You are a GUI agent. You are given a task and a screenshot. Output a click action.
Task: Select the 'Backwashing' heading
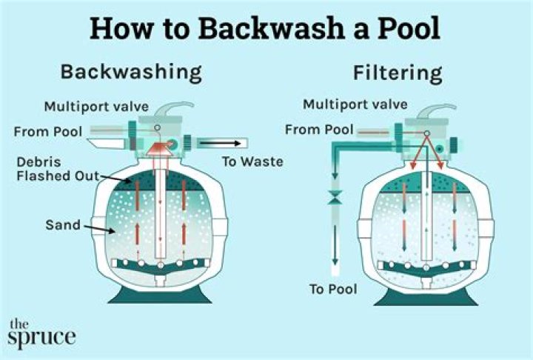[x=131, y=72]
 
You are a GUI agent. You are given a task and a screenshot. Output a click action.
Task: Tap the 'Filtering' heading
[x=397, y=73]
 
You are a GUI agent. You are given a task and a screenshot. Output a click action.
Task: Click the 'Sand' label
[x=61, y=224]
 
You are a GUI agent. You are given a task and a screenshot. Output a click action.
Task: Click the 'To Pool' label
[x=333, y=289]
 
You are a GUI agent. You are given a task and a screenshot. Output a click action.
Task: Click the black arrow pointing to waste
[x=221, y=141]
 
